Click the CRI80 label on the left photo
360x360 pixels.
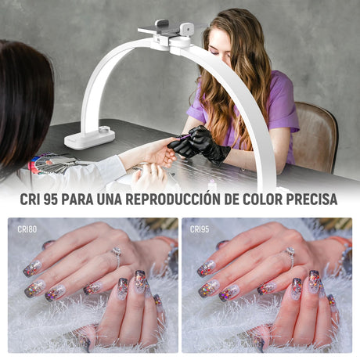(27, 229)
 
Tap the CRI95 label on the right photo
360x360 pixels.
(200, 229)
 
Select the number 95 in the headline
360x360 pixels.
(51, 200)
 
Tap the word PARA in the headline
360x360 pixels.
(77, 200)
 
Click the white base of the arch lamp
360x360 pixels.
(89, 139)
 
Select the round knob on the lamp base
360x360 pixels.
(104, 129)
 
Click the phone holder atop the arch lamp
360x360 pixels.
(167, 33)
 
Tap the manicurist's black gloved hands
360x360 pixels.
(199, 142)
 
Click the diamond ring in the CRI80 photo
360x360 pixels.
(117, 256)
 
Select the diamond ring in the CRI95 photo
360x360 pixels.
(290, 256)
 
